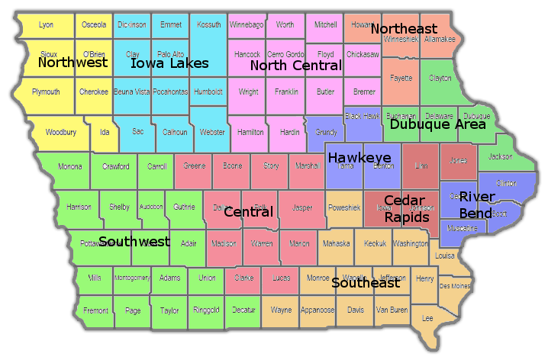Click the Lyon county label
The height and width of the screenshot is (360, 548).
coord(46,25)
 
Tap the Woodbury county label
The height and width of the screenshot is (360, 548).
coord(60,132)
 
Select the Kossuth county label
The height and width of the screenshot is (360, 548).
coord(208,25)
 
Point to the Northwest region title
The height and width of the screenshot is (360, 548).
coord(73,63)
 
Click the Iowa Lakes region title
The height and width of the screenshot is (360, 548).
coord(169,63)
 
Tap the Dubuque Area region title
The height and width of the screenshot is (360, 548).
coord(437,124)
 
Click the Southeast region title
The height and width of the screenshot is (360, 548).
coord(365,283)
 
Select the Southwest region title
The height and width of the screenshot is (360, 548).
coord(134,242)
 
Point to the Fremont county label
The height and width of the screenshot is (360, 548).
coord(95,310)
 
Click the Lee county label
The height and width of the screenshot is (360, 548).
coord(427,317)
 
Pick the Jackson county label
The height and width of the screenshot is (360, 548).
coord(500,157)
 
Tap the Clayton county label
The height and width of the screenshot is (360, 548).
coord(440,78)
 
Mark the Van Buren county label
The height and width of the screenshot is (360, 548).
coord(392,310)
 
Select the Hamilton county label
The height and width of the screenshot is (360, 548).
coord(250,132)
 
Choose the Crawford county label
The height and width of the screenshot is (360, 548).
coord(116,166)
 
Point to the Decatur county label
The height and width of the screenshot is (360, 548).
coord(243,310)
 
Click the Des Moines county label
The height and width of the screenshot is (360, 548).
coord(455,286)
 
